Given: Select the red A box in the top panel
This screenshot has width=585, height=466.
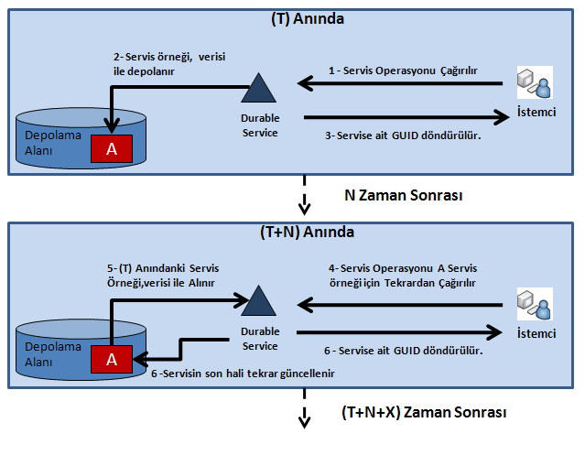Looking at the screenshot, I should [x=112, y=149].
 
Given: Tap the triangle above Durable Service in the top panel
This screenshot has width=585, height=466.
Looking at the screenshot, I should [x=259, y=89].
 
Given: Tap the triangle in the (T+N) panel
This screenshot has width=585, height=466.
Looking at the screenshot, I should [x=259, y=301].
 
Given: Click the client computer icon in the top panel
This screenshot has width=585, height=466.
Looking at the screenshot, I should [x=533, y=85].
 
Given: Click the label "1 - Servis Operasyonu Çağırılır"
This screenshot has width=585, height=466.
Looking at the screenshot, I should [x=403, y=69].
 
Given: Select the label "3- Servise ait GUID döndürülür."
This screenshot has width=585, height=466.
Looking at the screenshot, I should [x=403, y=135].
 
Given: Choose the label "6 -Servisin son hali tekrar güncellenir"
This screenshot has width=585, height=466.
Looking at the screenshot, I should [x=242, y=375].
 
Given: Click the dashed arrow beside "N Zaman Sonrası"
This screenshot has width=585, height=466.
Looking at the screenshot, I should [x=302, y=195].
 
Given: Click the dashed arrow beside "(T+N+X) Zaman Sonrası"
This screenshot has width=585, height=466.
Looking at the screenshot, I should [x=302, y=415].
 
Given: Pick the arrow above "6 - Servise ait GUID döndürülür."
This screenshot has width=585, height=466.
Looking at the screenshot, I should [x=403, y=334].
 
